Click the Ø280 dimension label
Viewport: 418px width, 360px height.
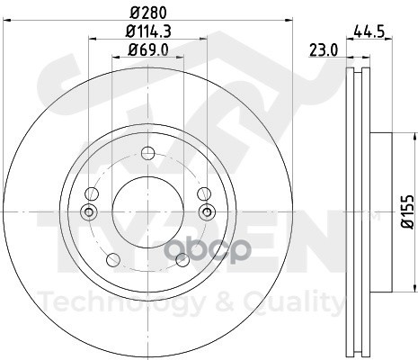point(148,13)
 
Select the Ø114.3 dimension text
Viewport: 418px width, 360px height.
point(148,31)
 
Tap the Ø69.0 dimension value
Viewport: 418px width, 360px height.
point(148,49)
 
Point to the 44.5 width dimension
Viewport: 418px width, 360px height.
point(369,31)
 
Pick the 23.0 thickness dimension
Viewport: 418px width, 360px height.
point(324,49)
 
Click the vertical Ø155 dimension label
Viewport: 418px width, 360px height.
point(408,212)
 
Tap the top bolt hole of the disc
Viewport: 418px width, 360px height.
point(148,153)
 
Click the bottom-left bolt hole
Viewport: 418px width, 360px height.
point(113,260)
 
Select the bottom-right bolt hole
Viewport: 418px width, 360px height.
point(182,260)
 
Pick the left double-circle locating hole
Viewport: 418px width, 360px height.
point(89,212)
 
